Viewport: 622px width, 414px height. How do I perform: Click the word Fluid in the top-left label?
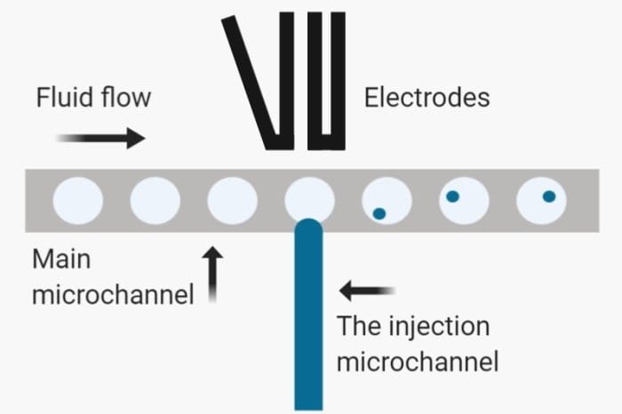(x=63, y=97)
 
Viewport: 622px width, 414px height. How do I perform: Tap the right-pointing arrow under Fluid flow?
(x=100, y=138)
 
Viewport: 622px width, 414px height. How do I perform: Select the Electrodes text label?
(x=427, y=97)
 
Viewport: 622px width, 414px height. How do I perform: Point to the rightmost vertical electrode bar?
(x=337, y=80)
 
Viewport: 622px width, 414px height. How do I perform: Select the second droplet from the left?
(x=155, y=199)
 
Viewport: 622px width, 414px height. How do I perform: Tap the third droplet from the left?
(x=232, y=199)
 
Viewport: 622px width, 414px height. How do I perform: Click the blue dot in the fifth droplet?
(x=379, y=212)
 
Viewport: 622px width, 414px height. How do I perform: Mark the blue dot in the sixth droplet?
(x=452, y=196)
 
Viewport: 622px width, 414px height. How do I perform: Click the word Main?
(x=62, y=259)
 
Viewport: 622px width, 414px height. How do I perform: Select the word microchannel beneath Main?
(x=113, y=294)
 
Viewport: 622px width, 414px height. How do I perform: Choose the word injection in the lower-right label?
(x=441, y=326)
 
